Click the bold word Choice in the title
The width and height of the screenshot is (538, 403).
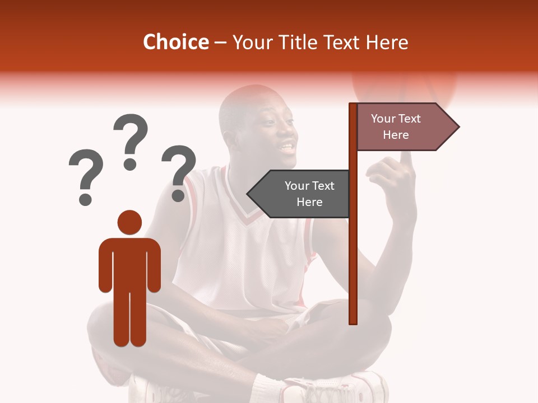[175, 42]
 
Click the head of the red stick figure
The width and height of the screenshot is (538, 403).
[129, 222]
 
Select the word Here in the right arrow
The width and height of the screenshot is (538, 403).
[396, 135]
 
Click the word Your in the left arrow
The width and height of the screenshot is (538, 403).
[298, 186]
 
